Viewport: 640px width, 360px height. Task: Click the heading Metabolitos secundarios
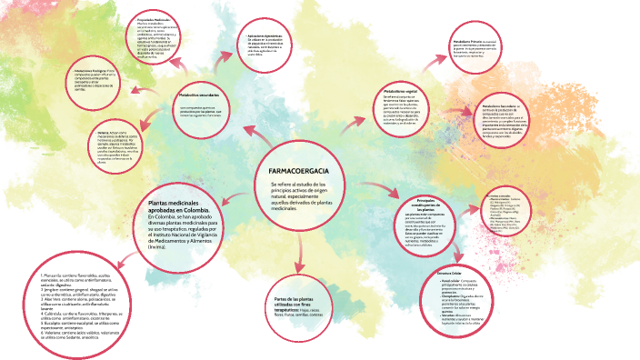pyautogui.click(x=198, y=95)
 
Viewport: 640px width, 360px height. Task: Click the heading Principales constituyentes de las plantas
pyautogui.click(x=426, y=205)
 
